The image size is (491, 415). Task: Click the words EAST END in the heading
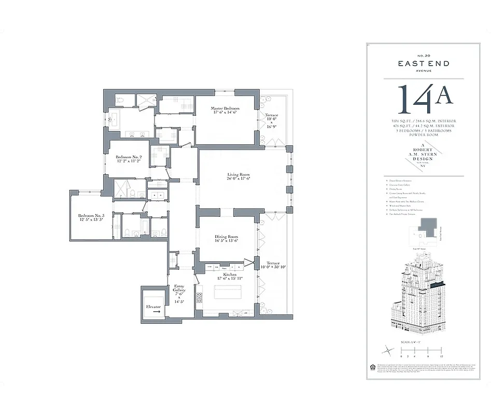tap(423, 64)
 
